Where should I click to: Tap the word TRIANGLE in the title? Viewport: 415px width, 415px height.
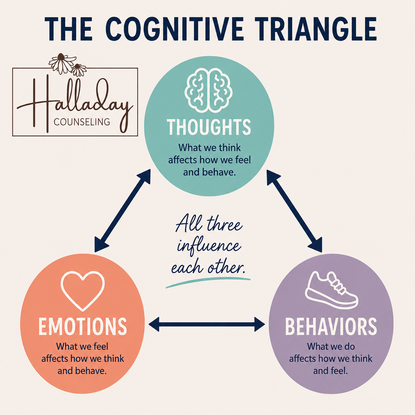pyautogui.click(x=315, y=29)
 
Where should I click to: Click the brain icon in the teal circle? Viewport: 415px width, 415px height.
pyautogui.click(x=208, y=90)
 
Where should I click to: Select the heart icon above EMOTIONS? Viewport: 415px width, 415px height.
pyautogui.click(x=83, y=291)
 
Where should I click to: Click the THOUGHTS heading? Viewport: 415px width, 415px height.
pyautogui.click(x=209, y=127)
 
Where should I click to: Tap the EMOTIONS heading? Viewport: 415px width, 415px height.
pyautogui.click(x=83, y=327)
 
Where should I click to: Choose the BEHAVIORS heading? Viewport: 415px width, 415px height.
pyautogui.click(x=331, y=327)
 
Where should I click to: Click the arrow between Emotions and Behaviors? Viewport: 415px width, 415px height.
pyautogui.click(x=207, y=324)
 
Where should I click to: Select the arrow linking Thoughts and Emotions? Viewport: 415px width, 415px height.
pyautogui.click(x=122, y=210)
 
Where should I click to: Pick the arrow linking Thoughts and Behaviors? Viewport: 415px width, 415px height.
pyautogui.click(x=295, y=211)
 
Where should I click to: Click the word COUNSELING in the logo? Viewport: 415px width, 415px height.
pyautogui.click(x=82, y=122)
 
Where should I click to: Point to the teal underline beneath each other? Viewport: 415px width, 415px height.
pyautogui.click(x=208, y=282)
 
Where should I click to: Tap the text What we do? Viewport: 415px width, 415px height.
pyautogui.click(x=331, y=346)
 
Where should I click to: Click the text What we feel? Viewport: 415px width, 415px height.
pyautogui.click(x=82, y=346)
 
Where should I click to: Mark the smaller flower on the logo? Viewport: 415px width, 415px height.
pyautogui.click(x=79, y=70)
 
